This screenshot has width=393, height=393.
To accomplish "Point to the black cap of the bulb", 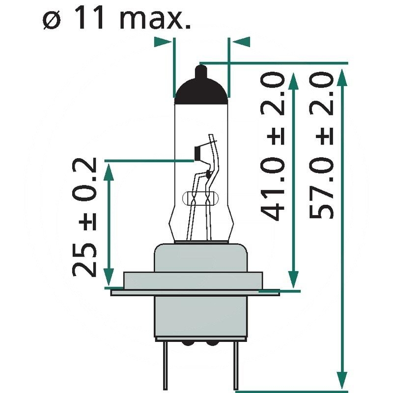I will click(201, 91).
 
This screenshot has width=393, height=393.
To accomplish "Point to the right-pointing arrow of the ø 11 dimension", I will click(165, 42).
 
